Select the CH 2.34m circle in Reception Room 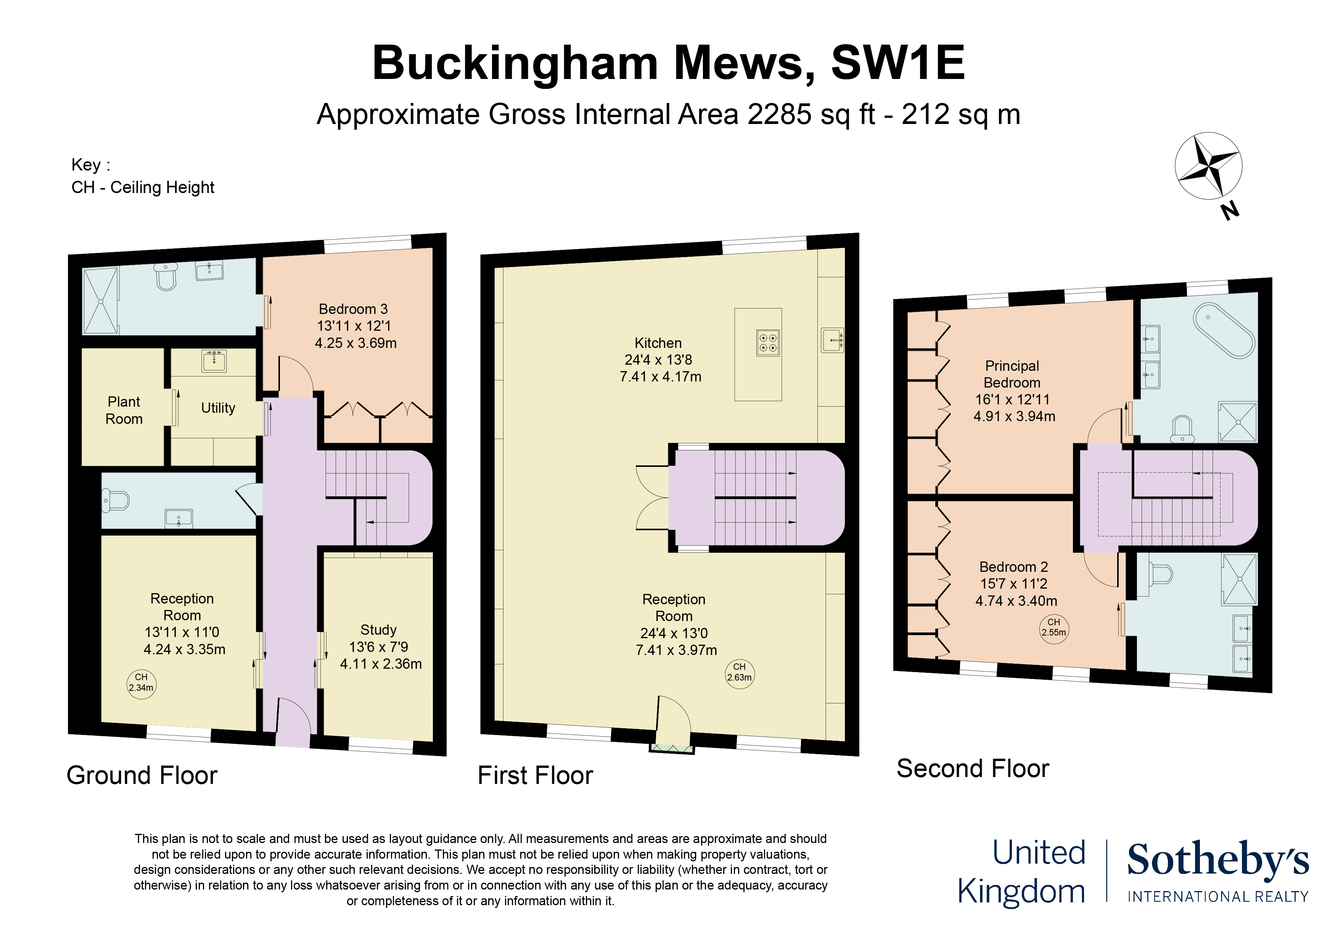(141, 682)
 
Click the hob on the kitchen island (767, 343)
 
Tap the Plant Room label (124, 410)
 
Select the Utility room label (218, 408)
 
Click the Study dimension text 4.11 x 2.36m (381, 664)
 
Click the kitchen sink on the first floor (832, 340)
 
